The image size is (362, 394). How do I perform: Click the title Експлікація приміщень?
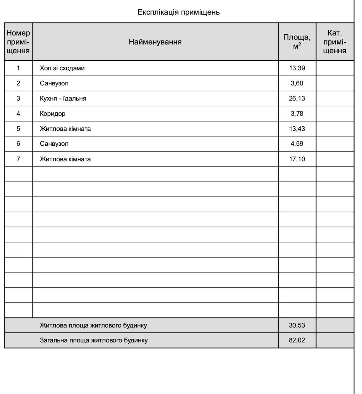(178, 12)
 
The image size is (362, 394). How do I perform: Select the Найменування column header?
(155, 42)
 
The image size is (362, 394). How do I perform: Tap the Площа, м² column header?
(297, 42)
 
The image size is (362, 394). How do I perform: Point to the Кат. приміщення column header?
(334, 42)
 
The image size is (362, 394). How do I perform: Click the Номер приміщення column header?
(18, 42)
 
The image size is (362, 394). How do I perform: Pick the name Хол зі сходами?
(62, 68)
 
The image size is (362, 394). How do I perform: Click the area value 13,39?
(297, 68)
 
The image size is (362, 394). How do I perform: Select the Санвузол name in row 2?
(54, 83)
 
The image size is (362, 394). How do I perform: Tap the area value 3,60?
(297, 83)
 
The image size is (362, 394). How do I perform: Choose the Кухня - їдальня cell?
(63, 98)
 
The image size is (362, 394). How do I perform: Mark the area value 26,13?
(297, 98)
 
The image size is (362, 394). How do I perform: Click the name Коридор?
(53, 114)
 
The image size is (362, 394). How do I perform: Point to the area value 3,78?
(297, 114)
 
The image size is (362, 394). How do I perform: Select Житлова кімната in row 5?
(65, 129)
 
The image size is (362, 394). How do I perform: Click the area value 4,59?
(297, 144)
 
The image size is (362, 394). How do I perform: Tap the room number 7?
(18, 159)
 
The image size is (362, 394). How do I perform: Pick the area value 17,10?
(297, 159)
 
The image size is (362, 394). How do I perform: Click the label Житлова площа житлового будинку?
(93, 325)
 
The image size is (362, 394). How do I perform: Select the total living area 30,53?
(297, 325)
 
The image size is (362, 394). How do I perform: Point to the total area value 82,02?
(297, 340)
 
